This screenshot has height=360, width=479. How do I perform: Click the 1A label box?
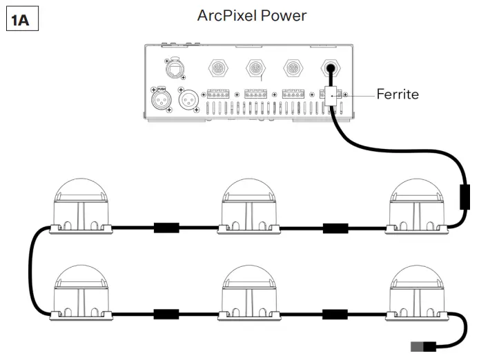coord(21,20)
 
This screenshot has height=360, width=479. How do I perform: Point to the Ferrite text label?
coord(398,94)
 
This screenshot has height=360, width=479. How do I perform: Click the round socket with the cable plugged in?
coord(332,68)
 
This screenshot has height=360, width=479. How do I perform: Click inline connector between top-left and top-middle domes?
coord(166,227)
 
